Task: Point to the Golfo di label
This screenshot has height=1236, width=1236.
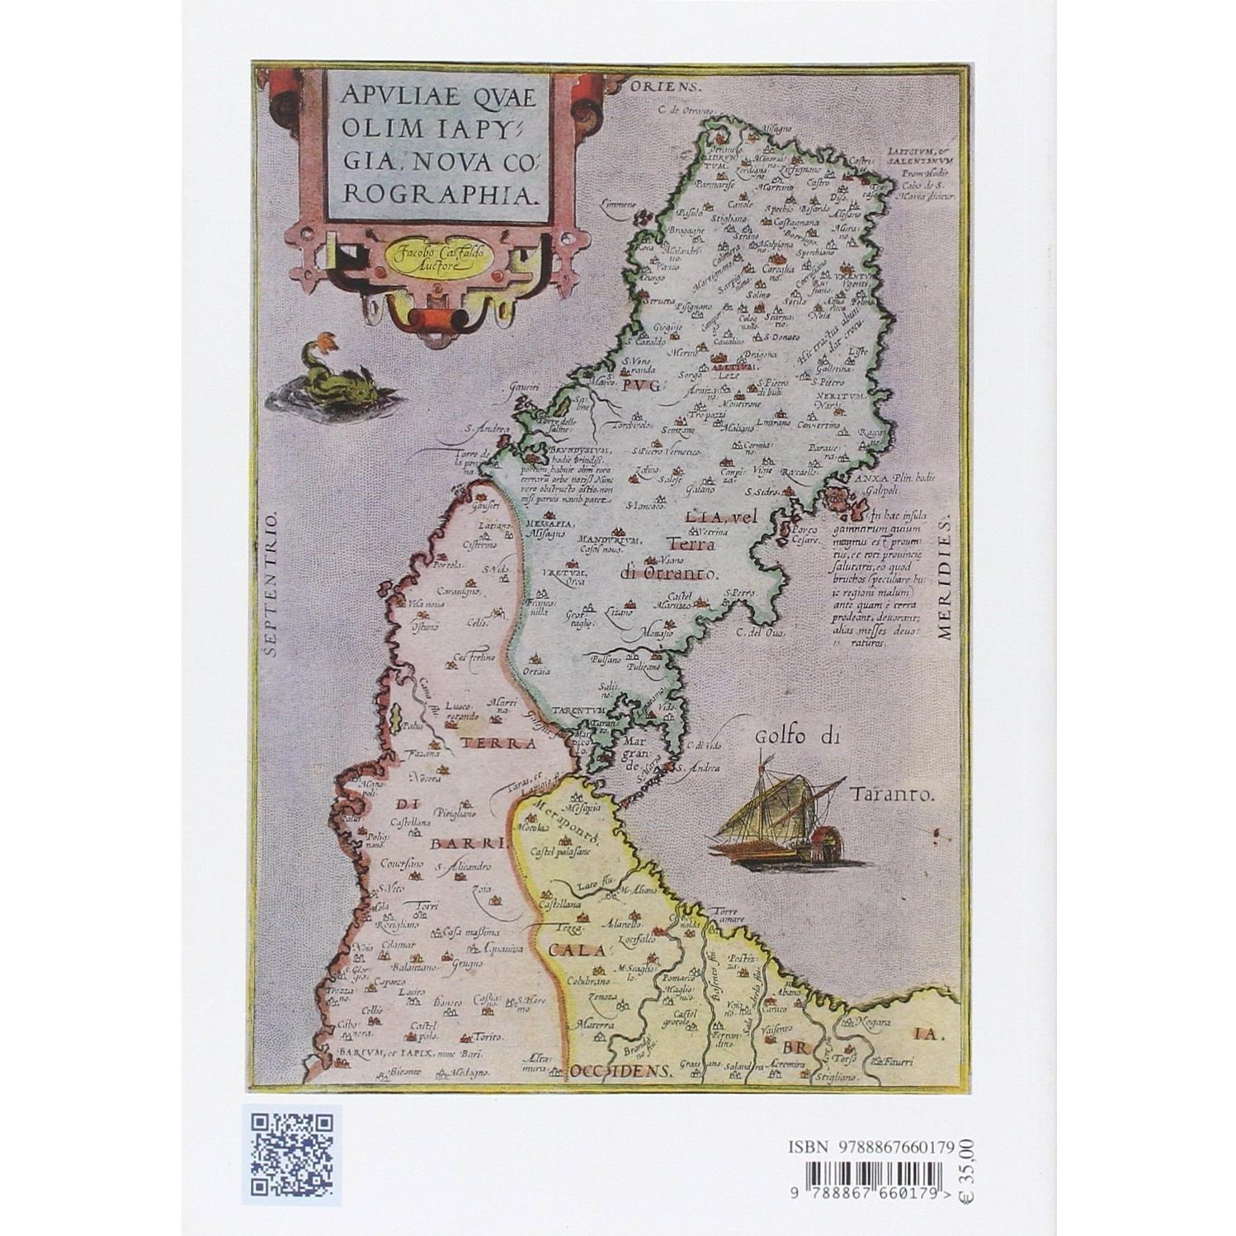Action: [x=796, y=737]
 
